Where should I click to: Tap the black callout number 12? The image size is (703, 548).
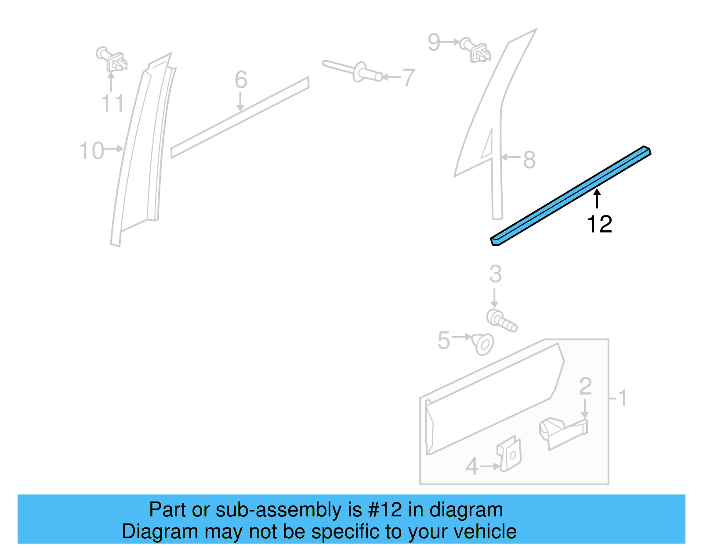click(x=599, y=224)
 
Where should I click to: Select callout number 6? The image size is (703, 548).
click(x=241, y=80)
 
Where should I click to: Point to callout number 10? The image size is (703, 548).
click(x=91, y=150)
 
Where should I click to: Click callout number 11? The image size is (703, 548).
click(x=112, y=104)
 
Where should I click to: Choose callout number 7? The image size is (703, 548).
click(x=409, y=78)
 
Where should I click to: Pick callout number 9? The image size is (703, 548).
click(x=434, y=42)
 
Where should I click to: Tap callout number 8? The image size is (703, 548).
click(x=529, y=160)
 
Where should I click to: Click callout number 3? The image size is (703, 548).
click(x=495, y=274)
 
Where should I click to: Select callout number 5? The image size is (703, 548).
click(x=444, y=340)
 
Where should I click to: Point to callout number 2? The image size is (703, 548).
click(x=585, y=387)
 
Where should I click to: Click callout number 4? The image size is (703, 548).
click(x=472, y=466)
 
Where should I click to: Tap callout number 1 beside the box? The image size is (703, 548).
click(x=622, y=398)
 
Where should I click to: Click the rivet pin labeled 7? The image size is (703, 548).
click(x=354, y=71)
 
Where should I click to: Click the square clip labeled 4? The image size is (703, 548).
click(x=510, y=454)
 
